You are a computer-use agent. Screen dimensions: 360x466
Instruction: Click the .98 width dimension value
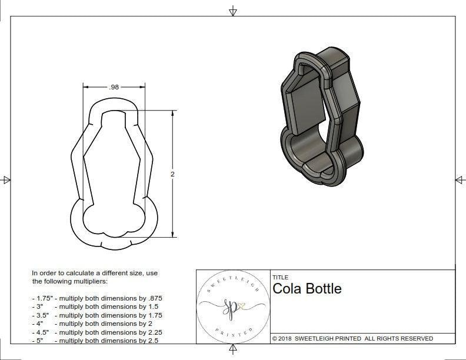pyautogui.click(x=114, y=86)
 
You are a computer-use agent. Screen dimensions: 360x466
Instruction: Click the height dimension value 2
pyautogui.click(x=172, y=174)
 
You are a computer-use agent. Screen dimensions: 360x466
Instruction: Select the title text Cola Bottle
pyautogui.click(x=307, y=289)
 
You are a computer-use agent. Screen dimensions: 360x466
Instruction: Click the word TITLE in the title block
pyautogui.click(x=280, y=277)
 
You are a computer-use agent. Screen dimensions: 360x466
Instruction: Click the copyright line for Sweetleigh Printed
pyautogui.click(x=352, y=338)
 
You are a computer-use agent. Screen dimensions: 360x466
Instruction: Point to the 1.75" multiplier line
pyautogui.click(x=96, y=298)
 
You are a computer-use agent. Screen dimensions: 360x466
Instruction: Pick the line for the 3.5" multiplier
pyautogui.click(x=96, y=315)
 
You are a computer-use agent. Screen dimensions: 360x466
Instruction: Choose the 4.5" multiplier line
pyautogui.click(x=96, y=332)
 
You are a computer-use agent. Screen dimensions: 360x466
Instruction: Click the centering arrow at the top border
pyautogui.click(x=233, y=11)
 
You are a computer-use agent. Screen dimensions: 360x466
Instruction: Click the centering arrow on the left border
pyautogui.click(x=6, y=180)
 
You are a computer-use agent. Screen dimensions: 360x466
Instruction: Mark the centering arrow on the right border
pyautogui.click(x=460, y=180)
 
